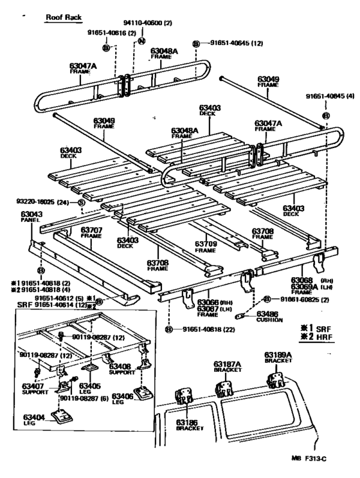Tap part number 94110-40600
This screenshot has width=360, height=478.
[148, 22]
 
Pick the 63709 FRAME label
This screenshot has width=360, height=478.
[205, 247]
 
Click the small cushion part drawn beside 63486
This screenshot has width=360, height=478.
[243, 316]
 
